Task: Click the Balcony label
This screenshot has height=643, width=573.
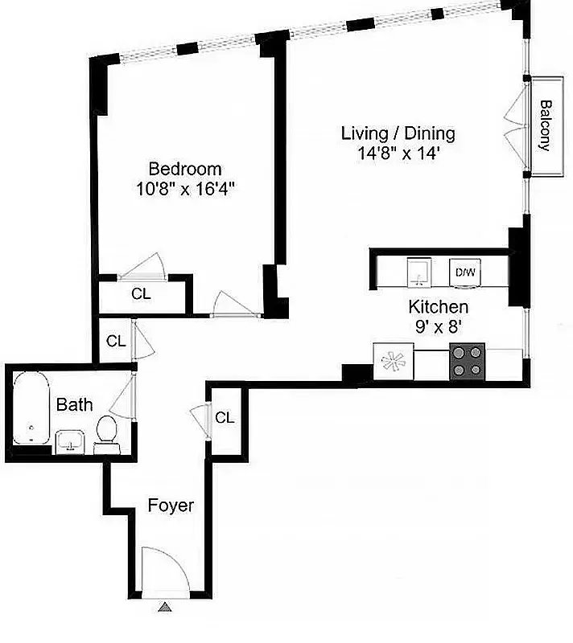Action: click(x=545, y=125)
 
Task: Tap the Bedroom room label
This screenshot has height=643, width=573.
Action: click(x=185, y=169)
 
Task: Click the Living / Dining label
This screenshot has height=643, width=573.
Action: click(x=398, y=133)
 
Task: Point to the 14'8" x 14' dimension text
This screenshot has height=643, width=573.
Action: click(x=398, y=154)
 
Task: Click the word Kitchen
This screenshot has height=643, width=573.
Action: click(x=439, y=306)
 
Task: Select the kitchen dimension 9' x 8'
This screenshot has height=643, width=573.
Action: click(x=439, y=326)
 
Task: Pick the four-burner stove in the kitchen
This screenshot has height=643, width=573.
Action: click(x=467, y=360)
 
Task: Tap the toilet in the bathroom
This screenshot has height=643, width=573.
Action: click(x=105, y=432)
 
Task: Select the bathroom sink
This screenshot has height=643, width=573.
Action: click(x=71, y=440)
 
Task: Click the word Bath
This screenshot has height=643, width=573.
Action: click(x=74, y=405)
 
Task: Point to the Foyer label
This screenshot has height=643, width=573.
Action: click(x=171, y=506)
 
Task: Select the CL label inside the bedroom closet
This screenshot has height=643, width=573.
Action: click(x=141, y=294)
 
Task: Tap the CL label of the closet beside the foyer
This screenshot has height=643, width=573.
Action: click(x=225, y=418)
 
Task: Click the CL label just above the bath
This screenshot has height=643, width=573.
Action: click(x=116, y=341)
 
